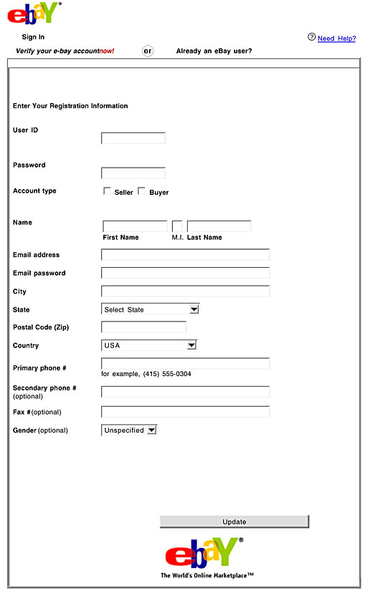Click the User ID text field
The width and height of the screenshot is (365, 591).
point(133,138)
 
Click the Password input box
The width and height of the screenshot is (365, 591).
point(133,173)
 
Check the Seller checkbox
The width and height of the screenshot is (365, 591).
point(108,191)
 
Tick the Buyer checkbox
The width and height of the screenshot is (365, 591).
point(141,191)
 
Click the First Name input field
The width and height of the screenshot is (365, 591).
point(135,226)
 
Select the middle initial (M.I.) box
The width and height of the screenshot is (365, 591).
point(177,226)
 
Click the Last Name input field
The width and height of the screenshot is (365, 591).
point(219,226)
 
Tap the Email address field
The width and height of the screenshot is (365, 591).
point(185,255)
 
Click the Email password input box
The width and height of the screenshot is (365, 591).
point(185,273)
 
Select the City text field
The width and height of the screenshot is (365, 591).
point(185,292)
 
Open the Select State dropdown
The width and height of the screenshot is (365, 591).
point(150,309)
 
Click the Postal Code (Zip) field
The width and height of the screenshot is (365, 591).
point(143,327)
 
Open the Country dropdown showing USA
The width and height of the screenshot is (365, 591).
point(148,345)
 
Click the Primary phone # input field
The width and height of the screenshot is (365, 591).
point(185,364)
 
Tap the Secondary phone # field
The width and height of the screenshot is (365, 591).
point(185,392)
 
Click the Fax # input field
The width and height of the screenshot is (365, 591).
point(185,412)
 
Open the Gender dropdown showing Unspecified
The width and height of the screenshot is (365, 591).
point(129,431)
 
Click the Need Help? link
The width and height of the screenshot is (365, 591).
point(336,39)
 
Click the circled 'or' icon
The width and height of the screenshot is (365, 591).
point(148,51)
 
